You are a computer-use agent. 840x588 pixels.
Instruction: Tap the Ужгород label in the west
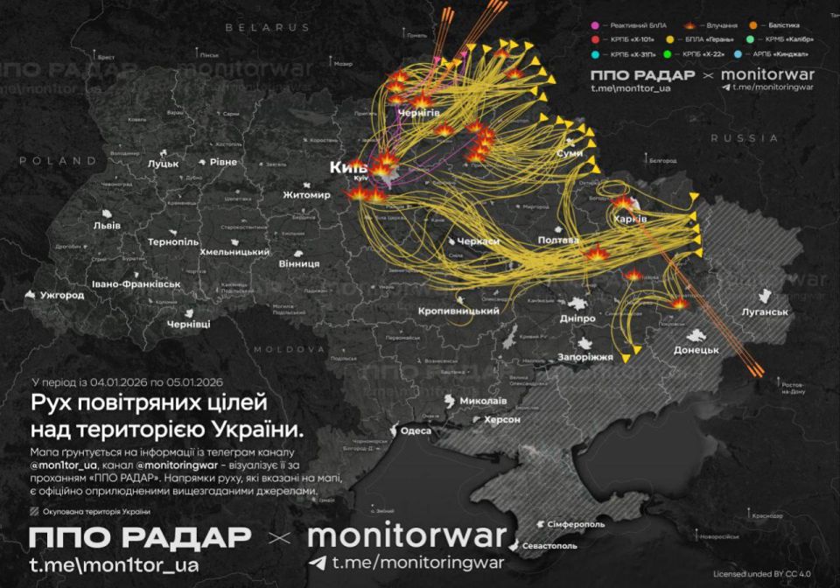click(x=60, y=295)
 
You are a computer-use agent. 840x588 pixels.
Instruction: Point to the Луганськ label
click(x=763, y=311)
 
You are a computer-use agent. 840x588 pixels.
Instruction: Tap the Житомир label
click(x=306, y=195)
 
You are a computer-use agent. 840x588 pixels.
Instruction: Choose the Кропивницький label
click(x=458, y=311)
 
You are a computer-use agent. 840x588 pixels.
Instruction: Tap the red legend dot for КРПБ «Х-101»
click(x=595, y=39)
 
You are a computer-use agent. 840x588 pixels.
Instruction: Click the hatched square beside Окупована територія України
click(x=34, y=512)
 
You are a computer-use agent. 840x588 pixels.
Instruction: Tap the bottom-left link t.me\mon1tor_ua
click(x=113, y=565)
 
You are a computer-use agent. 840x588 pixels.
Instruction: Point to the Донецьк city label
click(x=696, y=350)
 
